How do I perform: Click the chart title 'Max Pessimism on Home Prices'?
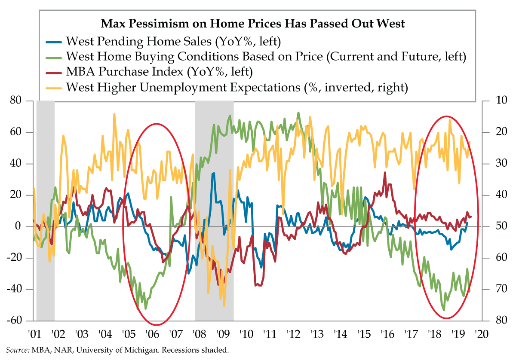(253, 23)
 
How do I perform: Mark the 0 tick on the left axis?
(20, 226)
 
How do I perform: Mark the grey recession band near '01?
(45, 211)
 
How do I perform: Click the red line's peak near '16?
(385, 173)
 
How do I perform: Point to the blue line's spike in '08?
(213, 174)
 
